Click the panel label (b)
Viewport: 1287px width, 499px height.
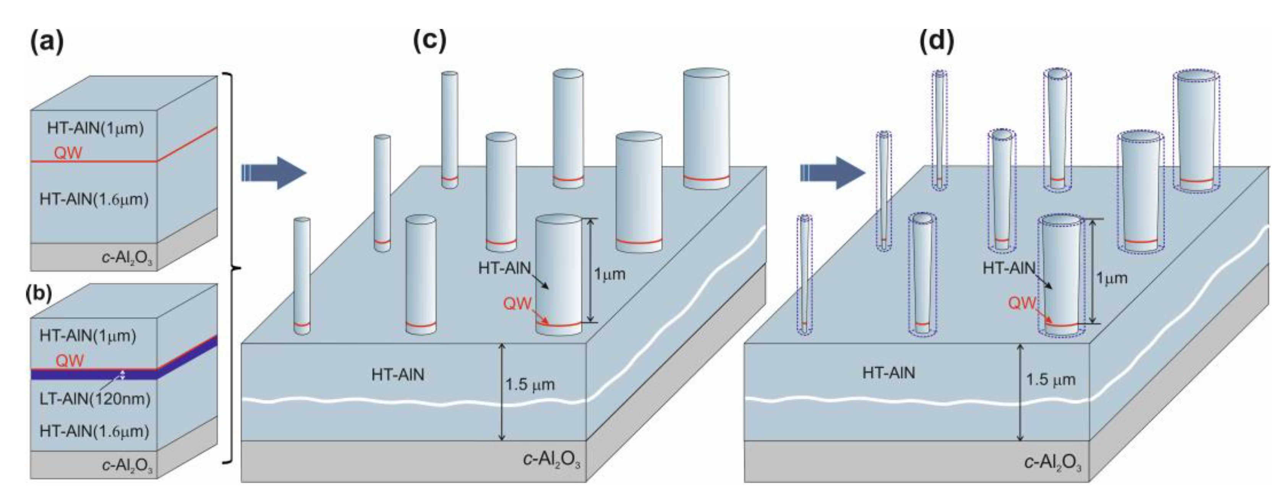coord(39,293)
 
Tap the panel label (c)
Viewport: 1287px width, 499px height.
coord(429,40)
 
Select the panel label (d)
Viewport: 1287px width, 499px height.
coord(936,40)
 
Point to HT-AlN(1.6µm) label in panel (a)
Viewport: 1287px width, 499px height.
coord(94,199)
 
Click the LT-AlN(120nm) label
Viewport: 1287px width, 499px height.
coord(94,399)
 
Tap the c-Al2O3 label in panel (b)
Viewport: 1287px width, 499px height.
coord(127,465)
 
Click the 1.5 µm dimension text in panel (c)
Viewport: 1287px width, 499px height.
coord(530,384)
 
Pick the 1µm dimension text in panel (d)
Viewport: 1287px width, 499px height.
coord(1112,278)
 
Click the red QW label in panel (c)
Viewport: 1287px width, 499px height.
coord(517,303)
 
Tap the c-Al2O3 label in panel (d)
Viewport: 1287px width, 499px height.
coord(1053,463)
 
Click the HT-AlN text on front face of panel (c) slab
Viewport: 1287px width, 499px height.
coord(398,374)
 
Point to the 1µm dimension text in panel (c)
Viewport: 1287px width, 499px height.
coord(609,274)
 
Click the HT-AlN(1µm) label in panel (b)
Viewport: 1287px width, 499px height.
coord(88,335)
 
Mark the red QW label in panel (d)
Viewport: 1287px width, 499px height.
coord(1022,303)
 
